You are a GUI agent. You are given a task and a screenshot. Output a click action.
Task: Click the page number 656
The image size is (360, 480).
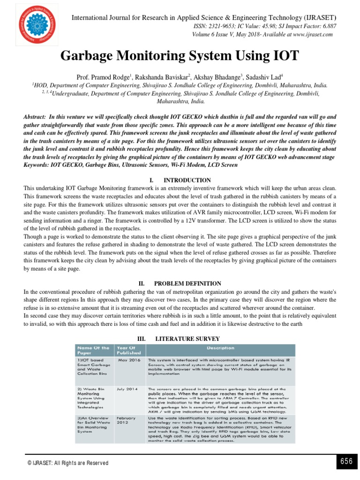[346, 461]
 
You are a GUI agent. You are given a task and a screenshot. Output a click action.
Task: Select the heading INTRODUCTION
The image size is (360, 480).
[187, 180]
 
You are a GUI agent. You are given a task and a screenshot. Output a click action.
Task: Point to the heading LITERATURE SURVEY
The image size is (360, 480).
[187, 338]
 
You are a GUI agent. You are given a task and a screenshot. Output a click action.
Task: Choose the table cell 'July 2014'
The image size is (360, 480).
[127, 389]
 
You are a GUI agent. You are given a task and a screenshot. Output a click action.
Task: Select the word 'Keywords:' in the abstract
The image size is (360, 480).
[38, 165]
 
